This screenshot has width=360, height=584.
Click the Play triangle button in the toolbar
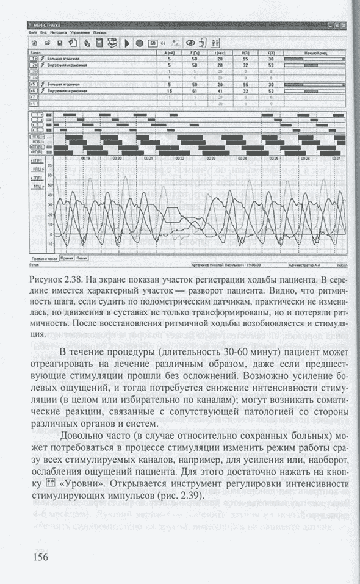[128, 43]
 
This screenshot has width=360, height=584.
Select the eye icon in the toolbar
[190, 43]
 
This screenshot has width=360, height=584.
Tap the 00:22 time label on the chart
[180, 159]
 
